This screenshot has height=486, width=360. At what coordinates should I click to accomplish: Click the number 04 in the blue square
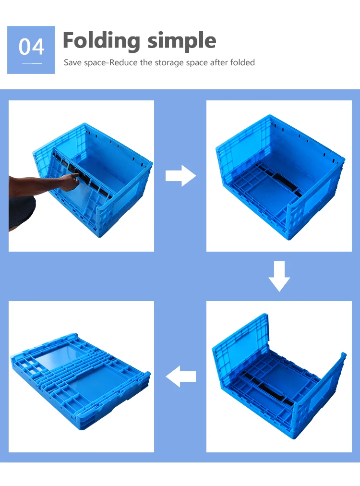(x=31, y=47)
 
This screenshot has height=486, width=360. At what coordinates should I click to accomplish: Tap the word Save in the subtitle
(x=73, y=62)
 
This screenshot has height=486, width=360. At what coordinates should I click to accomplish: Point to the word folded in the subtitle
(x=242, y=62)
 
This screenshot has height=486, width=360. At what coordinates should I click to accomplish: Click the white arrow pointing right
(x=180, y=176)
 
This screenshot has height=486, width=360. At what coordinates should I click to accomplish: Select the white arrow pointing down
(x=279, y=276)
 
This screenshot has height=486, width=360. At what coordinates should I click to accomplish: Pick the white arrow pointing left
(x=181, y=377)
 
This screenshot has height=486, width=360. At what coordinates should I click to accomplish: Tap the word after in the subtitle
(x=220, y=62)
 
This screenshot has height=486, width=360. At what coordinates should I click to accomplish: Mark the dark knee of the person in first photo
(x=22, y=211)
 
